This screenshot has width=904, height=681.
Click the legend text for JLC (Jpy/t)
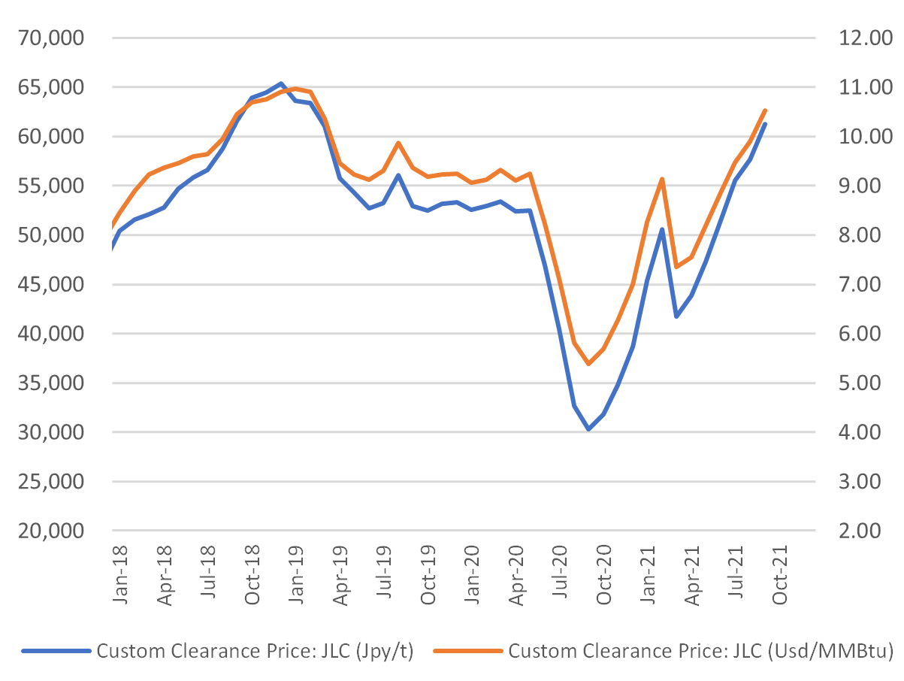coord(255,651)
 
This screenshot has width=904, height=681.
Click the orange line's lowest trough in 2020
coord(588,364)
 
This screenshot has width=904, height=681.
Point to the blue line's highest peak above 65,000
coord(280,83)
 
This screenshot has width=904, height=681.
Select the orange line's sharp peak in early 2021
coord(662,179)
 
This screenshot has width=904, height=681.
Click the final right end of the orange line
coord(765,110)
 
